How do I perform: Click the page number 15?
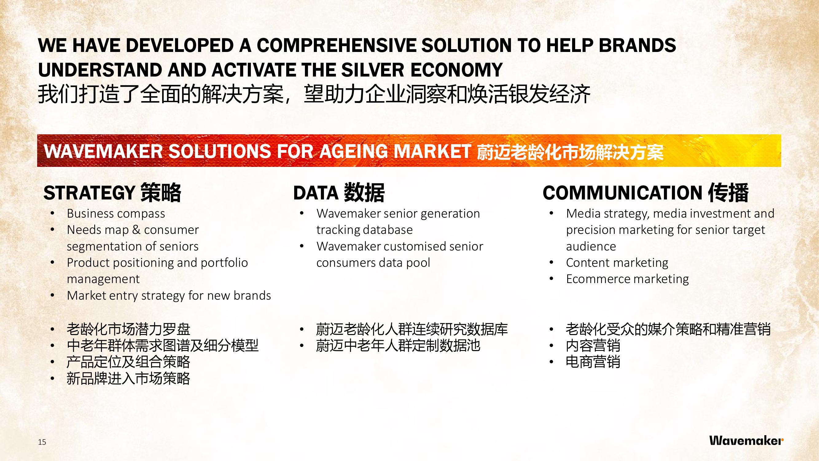42,442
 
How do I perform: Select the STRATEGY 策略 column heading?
112,193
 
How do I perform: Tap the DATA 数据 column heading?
339,193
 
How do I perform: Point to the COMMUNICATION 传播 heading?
646,193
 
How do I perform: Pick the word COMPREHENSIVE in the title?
336,45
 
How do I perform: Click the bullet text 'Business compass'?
116,214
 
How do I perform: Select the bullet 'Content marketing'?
617,263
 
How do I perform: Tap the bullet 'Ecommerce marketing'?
627,279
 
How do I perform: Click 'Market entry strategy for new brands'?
169,296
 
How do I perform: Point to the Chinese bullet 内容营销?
593,346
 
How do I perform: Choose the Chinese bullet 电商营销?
593,362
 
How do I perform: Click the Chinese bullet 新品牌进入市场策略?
128,379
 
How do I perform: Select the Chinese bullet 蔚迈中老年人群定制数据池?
398,346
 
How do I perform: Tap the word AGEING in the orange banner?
353,151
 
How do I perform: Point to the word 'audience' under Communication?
591,246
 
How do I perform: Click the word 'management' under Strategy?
103,279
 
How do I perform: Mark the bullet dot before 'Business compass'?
53,214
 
